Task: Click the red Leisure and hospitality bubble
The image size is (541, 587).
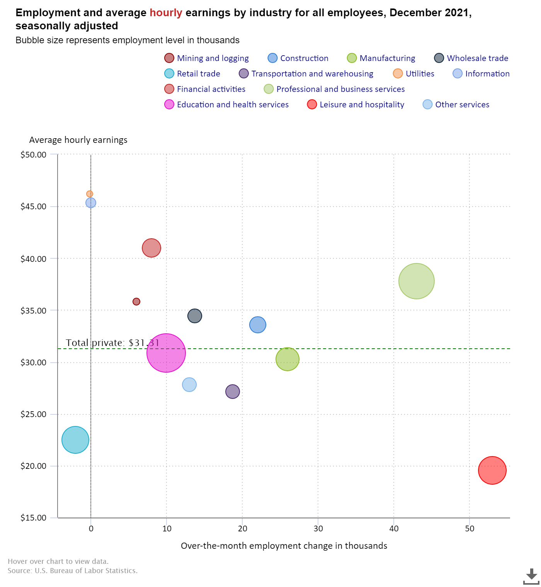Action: coord(492,470)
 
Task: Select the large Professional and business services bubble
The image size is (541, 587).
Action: coord(416,281)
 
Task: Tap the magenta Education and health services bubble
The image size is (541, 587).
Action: coord(166,353)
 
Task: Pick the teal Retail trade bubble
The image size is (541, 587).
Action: coord(75,439)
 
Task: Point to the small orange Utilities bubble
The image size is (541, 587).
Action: coord(90,194)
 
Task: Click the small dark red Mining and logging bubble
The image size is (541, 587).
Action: coord(136,301)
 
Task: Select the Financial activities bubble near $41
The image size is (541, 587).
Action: coord(151,248)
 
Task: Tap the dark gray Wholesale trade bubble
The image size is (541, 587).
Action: coord(195,316)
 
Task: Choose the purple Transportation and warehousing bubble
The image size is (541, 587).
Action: coord(233,392)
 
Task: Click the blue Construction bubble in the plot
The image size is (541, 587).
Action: coord(258,325)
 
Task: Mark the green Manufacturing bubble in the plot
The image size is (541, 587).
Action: coord(288,359)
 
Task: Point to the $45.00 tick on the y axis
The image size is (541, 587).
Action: coord(33,207)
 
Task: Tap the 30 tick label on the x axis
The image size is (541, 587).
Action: coord(318,529)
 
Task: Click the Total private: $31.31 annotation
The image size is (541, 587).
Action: coord(112,343)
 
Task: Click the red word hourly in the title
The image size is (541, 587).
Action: coord(166,13)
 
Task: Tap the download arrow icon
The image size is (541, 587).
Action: coord(531,576)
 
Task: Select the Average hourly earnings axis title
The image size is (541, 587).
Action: coord(78,140)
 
